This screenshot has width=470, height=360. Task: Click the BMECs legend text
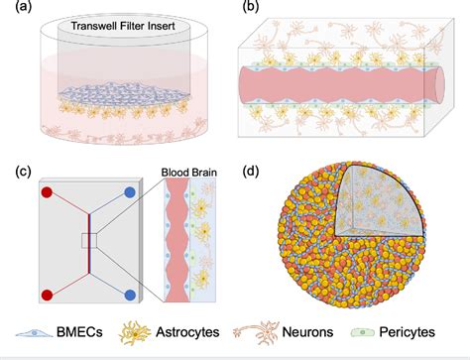pyautogui.click(x=82, y=334)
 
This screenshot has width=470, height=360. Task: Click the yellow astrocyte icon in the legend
pyautogui.click(x=138, y=334)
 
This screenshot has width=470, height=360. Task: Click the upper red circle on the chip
pyautogui.click(x=46, y=190)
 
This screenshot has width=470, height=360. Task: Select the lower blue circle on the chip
pyautogui.click(x=130, y=295)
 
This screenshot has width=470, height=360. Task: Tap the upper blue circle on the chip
pyautogui.click(x=130, y=190)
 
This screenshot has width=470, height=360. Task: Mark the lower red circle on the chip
pyautogui.click(x=46, y=295)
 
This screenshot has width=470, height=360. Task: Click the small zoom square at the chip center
pyautogui.click(x=88, y=241)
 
